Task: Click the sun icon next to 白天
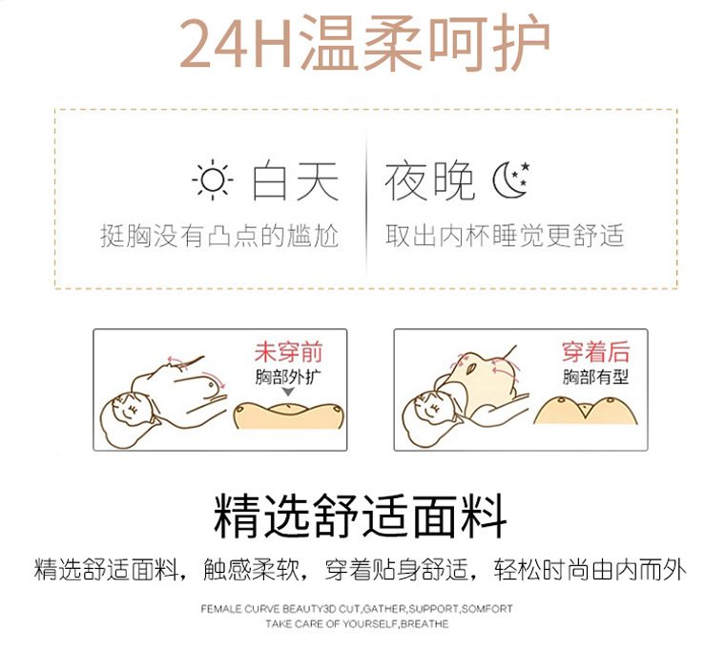tap(213, 180)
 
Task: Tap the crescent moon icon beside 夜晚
tap(510, 179)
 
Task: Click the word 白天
tap(296, 180)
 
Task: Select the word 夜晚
tap(429, 180)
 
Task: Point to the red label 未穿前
tap(288, 352)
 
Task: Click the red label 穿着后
tap(595, 351)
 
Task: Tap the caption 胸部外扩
tap(288, 377)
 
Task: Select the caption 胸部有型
tap(595, 377)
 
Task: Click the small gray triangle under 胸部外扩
tap(288, 392)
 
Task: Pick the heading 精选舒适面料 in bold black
tap(361, 516)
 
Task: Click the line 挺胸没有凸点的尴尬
tap(219, 236)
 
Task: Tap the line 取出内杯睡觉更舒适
tap(505, 236)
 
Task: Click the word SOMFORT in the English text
tap(487, 609)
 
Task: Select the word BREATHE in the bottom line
tap(425, 623)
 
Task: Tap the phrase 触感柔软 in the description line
tap(252, 569)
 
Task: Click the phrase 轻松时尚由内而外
tap(590, 569)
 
